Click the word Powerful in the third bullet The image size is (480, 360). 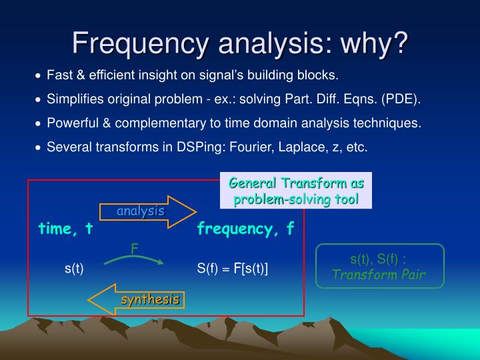click(x=71, y=123)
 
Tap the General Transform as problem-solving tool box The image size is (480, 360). click(x=296, y=191)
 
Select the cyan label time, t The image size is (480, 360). click(x=65, y=229)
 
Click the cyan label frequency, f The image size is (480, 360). click(x=245, y=229)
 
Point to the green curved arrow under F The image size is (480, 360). click(x=134, y=259)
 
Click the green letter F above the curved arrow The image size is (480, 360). click(x=134, y=247)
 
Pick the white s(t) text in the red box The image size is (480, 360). click(x=74, y=269)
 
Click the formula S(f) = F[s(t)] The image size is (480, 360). click(x=232, y=269)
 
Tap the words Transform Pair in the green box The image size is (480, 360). click(x=379, y=274)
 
